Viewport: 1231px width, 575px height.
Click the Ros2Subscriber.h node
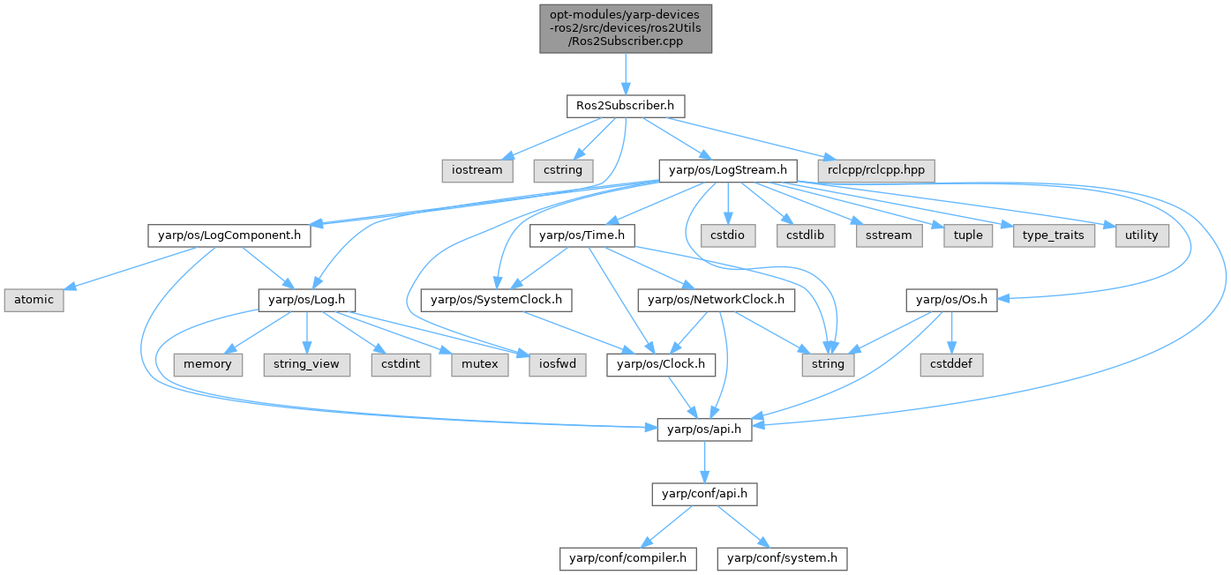point(625,106)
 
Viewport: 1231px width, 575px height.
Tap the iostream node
point(477,169)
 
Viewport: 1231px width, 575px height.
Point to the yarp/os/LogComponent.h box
point(224,235)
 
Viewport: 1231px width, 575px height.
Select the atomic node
point(33,300)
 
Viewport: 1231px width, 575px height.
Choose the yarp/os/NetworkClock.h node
point(716,300)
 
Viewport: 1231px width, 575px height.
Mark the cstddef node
point(952,364)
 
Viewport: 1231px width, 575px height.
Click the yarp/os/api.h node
point(704,429)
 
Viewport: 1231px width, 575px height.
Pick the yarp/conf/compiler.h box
point(628,558)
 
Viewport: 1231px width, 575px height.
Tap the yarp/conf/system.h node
point(783,558)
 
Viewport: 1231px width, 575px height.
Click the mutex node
point(479,364)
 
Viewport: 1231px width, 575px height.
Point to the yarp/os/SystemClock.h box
point(497,300)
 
